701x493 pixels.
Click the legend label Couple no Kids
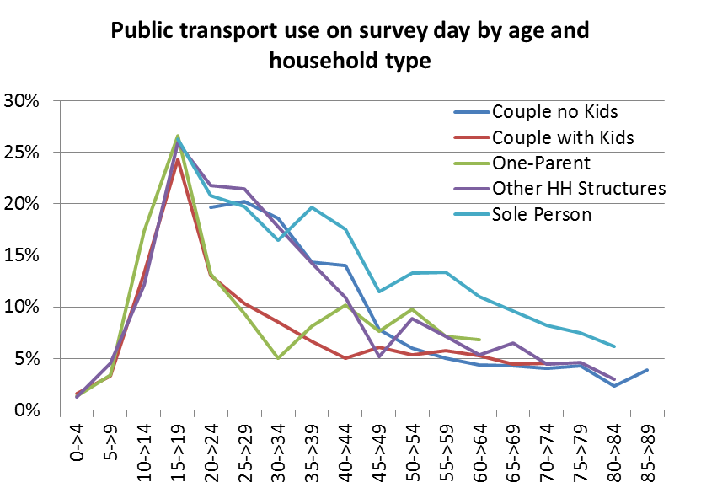pyautogui.click(x=554, y=112)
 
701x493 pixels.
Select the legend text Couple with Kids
pyautogui.click(x=563, y=137)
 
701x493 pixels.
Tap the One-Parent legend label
pyautogui.click(x=541, y=163)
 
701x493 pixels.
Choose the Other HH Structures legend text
pyautogui.click(x=579, y=188)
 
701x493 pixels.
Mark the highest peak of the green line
pyautogui.click(x=178, y=135)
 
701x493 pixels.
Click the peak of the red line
pyautogui.click(x=178, y=159)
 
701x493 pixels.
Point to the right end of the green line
pyautogui.click(x=479, y=340)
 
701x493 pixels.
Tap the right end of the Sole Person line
pyautogui.click(x=614, y=346)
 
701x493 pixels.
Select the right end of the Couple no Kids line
pyautogui.click(x=647, y=370)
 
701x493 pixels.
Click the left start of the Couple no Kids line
pyautogui.click(x=211, y=207)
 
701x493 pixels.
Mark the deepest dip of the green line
pyautogui.click(x=278, y=358)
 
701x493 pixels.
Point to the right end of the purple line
pyautogui.click(x=614, y=379)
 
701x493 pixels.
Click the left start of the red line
pyautogui.click(x=77, y=394)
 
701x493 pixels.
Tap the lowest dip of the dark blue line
pyautogui.click(x=614, y=386)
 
